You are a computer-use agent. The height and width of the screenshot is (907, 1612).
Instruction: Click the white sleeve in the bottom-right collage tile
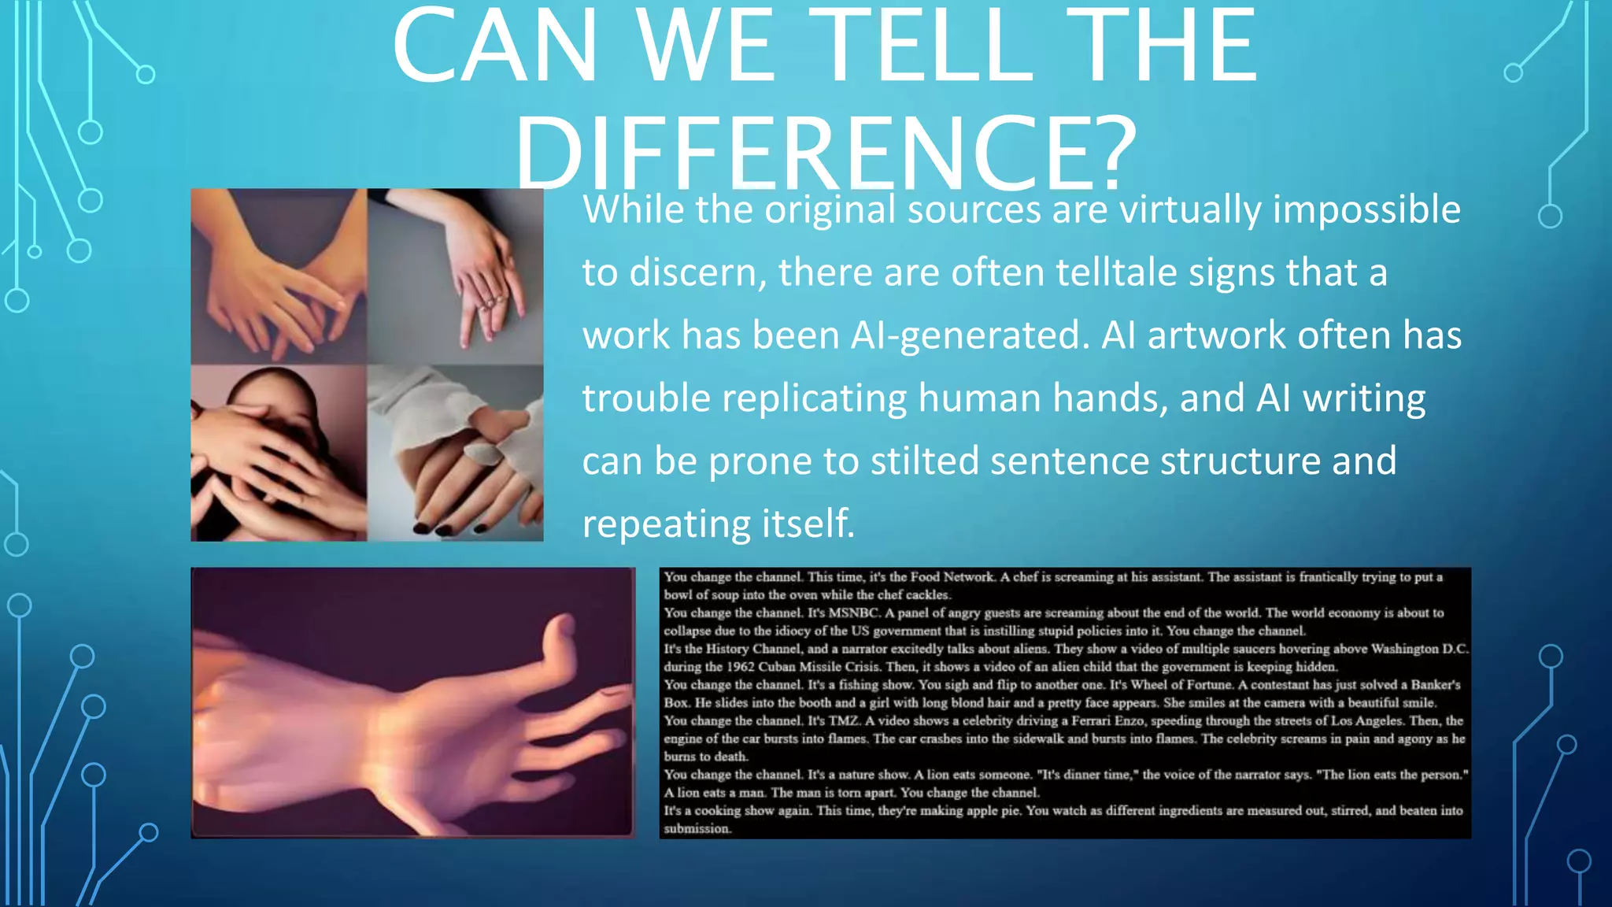coord(441,409)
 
